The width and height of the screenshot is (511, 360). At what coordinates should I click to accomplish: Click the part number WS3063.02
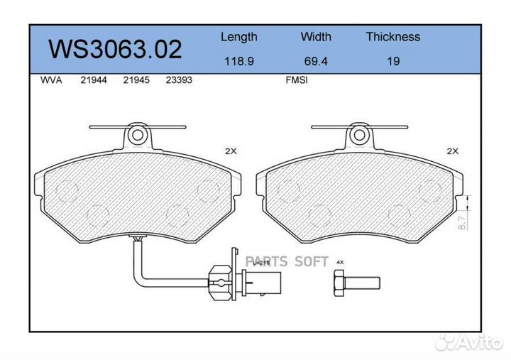pyautogui.click(x=114, y=49)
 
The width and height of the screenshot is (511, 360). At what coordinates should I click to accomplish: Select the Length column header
pyautogui.click(x=238, y=37)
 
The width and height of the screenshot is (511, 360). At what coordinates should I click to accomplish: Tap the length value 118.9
pyautogui.click(x=238, y=61)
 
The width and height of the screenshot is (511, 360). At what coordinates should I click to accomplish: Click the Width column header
pyautogui.click(x=316, y=37)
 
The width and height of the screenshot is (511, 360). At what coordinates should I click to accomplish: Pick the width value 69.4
pyautogui.click(x=316, y=61)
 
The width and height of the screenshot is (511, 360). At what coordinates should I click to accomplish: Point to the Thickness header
pyautogui.click(x=392, y=37)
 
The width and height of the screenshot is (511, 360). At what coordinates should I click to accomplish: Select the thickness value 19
pyautogui.click(x=392, y=61)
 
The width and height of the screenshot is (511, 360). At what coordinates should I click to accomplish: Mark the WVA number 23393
pyautogui.click(x=178, y=80)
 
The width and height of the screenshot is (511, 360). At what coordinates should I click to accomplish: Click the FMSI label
pyautogui.click(x=296, y=80)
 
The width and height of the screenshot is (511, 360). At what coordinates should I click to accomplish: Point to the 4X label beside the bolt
pyautogui.click(x=340, y=262)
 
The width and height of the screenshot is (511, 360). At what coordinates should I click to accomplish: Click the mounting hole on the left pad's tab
pyautogui.click(x=139, y=133)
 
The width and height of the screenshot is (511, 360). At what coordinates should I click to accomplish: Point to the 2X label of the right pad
pyautogui.click(x=453, y=151)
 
